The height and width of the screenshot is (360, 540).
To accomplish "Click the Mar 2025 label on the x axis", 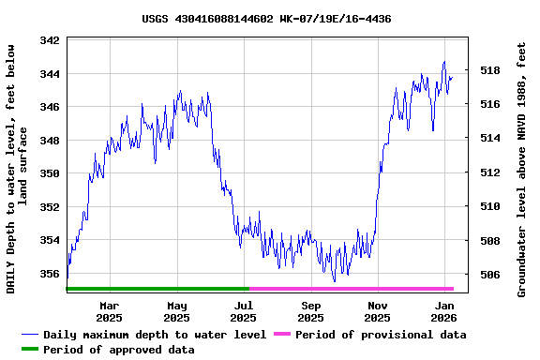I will pyautogui.click(x=110, y=311).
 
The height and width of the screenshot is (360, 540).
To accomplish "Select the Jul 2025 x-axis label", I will pyautogui.click(x=244, y=311).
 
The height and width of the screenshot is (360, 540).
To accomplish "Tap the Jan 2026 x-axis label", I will pyautogui.click(x=444, y=311).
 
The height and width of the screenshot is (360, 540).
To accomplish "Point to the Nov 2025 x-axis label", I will pyautogui.click(x=378, y=311).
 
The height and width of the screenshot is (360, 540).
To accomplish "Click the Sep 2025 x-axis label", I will pyautogui.click(x=311, y=311).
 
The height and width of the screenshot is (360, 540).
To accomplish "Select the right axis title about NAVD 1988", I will pyautogui.click(x=521, y=169).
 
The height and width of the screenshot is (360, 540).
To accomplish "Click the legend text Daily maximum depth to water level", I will pyautogui.click(x=155, y=335).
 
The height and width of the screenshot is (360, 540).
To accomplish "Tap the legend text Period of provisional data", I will pyautogui.click(x=380, y=335).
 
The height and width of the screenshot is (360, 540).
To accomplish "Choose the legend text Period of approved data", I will pyautogui.click(x=119, y=350).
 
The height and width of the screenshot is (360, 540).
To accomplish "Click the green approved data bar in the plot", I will pyautogui.click(x=157, y=289).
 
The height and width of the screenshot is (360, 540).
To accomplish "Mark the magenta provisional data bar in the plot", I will pyautogui.click(x=351, y=289).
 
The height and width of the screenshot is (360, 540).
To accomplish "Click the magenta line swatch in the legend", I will pyautogui.click(x=280, y=335).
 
